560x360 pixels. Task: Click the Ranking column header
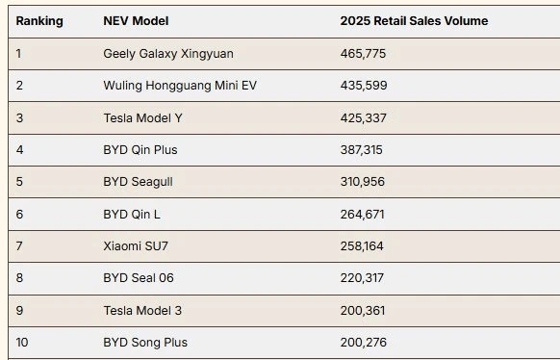coord(39,21)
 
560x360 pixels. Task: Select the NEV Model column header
coord(136,21)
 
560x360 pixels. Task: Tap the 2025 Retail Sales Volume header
coord(414,21)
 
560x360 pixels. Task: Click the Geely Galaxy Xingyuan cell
coord(168,54)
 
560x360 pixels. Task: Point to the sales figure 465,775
coord(363,54)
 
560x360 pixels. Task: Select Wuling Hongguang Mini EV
coord(180,86)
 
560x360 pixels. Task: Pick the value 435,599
coord(364,86)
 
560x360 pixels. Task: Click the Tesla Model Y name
coord(142,117)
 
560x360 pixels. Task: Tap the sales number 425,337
coord(363,117)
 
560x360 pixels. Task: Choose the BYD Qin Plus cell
coord(140,149)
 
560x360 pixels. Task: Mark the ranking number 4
coord(19,149)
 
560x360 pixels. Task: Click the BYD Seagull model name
coord(138,182)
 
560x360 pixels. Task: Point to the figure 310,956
coord(363,182)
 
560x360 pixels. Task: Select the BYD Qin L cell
coord(132,215)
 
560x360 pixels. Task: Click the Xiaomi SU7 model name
coord(136,246)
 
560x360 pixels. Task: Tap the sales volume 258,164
coord(362,246)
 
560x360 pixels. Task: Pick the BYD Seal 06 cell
coord(139,278)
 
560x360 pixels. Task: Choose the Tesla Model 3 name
coord(142,310)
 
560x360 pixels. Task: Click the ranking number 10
coord(22,342)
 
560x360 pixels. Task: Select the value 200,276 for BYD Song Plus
coord(363,342)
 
